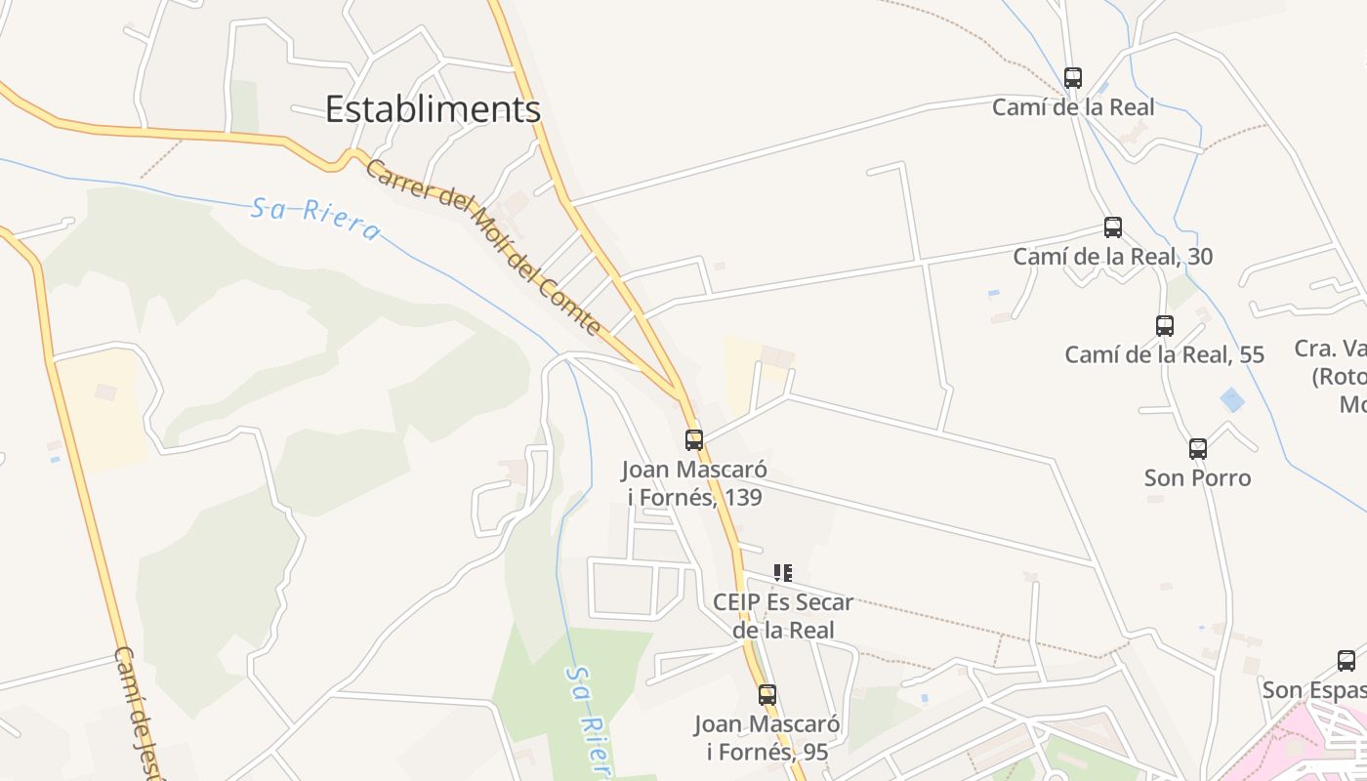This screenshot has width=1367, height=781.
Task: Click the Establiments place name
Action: click(433, 108)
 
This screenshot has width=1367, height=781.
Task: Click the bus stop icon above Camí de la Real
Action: click(1073, 78)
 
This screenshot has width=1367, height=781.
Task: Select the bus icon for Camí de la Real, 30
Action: click(1113, 227)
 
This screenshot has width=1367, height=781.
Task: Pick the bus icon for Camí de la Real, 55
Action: click(1165, 326)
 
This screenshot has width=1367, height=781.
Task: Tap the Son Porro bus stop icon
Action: click(1198, 449)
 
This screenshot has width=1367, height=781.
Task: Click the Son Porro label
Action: click(1198, 478)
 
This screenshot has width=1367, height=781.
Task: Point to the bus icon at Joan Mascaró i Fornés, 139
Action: click(694, 440)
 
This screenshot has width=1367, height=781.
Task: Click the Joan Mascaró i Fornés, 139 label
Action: click(694, 483)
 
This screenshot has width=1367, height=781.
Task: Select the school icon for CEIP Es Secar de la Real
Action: click(782, 573)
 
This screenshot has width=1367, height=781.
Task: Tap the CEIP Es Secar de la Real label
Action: click(783, 616)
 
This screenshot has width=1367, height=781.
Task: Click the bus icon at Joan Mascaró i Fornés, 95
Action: click(767, 695)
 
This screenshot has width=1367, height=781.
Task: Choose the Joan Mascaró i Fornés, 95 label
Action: click(767, 738)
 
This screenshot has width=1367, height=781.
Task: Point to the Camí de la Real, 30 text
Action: click(1113, 257)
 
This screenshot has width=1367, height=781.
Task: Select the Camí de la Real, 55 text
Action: click(1165, 354)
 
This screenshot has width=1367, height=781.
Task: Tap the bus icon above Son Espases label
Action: click(1346, 661)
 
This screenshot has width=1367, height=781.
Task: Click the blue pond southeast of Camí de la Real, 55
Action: click(1233, 399)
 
